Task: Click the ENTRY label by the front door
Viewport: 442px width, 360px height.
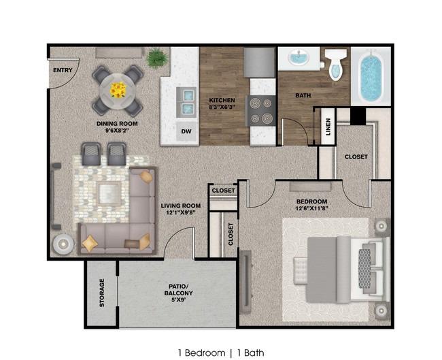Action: [x=63, y=70]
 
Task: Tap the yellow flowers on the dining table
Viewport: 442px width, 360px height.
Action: [x=118, y=90]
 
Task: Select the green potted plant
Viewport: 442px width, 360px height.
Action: [x=157, y=58]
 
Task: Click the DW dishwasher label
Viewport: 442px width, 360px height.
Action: [x=186, y=131]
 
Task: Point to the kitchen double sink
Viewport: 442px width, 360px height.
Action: [x=186, y=102]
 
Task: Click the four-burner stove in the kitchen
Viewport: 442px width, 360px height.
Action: [x=261, y=111]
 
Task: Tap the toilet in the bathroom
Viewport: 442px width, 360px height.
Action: [x=336, y=65]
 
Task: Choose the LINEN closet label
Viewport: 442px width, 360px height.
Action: [x=328, y=127]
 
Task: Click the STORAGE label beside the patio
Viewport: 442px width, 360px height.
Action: [x=102, y=293]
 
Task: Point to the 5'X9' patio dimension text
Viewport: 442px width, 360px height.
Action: [x=178, y=300]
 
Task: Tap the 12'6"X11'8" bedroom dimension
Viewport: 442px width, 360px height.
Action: [x=311, y=209]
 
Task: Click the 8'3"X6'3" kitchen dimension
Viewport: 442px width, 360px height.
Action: [x=222, y=107]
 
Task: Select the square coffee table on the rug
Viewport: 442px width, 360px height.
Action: [x=109, y=194]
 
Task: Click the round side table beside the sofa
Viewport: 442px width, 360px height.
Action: [x=63, y=244]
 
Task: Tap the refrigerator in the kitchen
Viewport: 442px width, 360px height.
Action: [x=259, y=63]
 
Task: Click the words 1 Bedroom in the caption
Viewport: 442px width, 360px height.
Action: [x=201, y=353]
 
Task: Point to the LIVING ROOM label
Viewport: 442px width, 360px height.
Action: [x=181, y=206]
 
